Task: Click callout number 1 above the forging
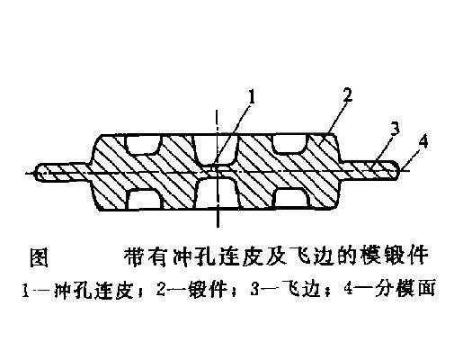pyautogui.click(x=251, y=98)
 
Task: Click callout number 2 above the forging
pyautogui.click(x=347, y=95)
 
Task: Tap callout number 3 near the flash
pyautogui.click(x=395, y=129)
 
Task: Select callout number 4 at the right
pyautogui.click(x=423, y=142)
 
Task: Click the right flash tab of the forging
pyautogui.click(x=370, y=170)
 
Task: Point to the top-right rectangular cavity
pyautogui.click(x=290, y=144)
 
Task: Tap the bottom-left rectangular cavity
pyautogui.click(x=145, y=199)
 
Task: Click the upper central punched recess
pyautogui.click(x=216, y=149)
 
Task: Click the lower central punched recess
pyautogui.click(x=217, y=193)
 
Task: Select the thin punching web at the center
pyautogui.click(x=217, y=171)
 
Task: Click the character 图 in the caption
pyautogui.click(x=39, y=257)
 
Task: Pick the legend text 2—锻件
pyautogui.click(x=191, y=289)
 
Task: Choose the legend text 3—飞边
pyautogui.click(x=283, y=289)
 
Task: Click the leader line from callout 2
pyautogui.click(x=337, y=119)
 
